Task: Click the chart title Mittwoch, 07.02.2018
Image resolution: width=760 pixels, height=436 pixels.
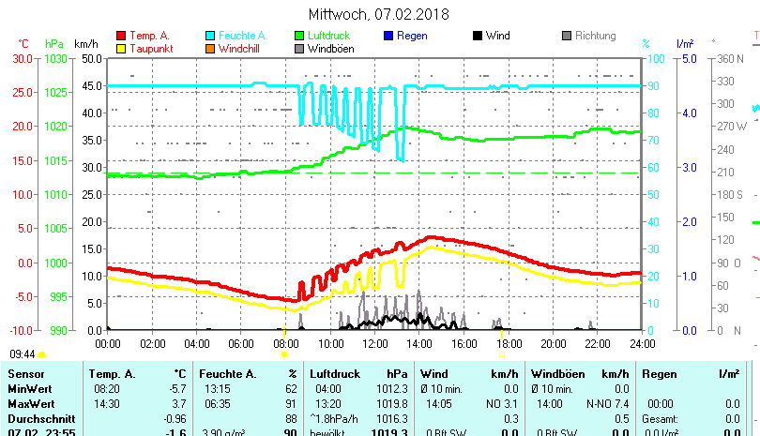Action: coord(378,14)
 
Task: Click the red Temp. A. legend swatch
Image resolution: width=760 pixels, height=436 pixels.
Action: coord(121,37)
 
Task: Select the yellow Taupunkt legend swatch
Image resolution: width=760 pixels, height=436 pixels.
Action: coord(121,49)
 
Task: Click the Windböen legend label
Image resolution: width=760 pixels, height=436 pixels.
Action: coord(331,49)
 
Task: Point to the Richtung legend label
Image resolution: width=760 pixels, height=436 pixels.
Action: coord(595,37)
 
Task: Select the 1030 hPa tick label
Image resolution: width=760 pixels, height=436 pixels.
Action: coord(55,58)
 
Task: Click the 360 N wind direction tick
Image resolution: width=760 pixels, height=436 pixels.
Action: coord(730,58)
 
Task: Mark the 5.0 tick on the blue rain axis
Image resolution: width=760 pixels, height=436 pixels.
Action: coord(688,58)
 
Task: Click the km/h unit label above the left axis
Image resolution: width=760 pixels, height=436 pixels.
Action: coord(85,44)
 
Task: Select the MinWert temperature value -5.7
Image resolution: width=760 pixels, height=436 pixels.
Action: coord(175,388)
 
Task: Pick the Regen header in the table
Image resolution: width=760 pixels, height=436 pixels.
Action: coord(657,374)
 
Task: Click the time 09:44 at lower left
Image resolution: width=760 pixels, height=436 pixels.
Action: coord(23,354)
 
